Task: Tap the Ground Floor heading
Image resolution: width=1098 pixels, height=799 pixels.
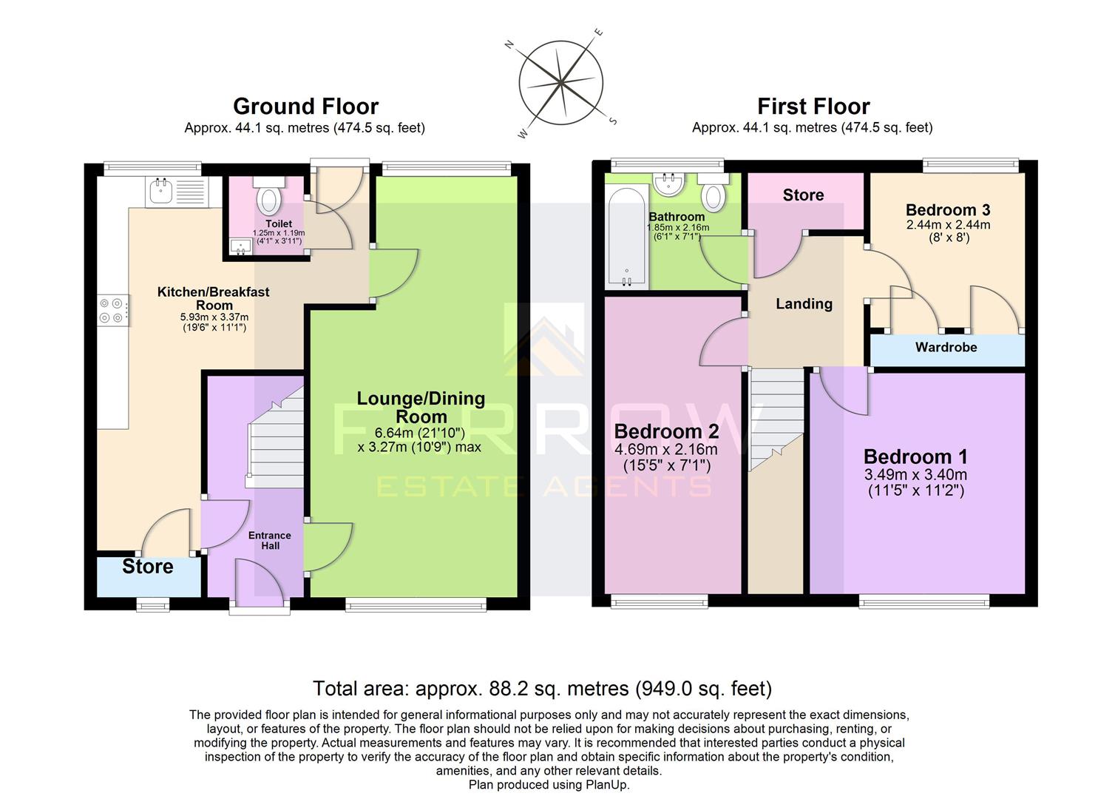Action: (305, 107)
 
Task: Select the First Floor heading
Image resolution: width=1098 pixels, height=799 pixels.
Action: (813, 107)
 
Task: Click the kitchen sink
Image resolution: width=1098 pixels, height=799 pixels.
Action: (161, 192)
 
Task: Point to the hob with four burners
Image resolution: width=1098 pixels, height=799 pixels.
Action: (113, 310)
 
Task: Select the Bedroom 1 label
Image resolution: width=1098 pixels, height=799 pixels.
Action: (915, 456)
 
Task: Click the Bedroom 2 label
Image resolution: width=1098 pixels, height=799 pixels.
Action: (666, 431)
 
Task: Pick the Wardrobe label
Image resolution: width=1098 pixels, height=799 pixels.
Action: (946, 347)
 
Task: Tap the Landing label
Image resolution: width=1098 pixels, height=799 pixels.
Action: (804, 303)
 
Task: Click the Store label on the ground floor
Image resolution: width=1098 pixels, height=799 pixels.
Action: (148, 567)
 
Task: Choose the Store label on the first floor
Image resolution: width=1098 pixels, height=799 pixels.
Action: (803, 195)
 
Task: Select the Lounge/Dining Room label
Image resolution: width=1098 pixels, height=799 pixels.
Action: (421, 407)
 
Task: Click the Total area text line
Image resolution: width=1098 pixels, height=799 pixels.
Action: (542, 689)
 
